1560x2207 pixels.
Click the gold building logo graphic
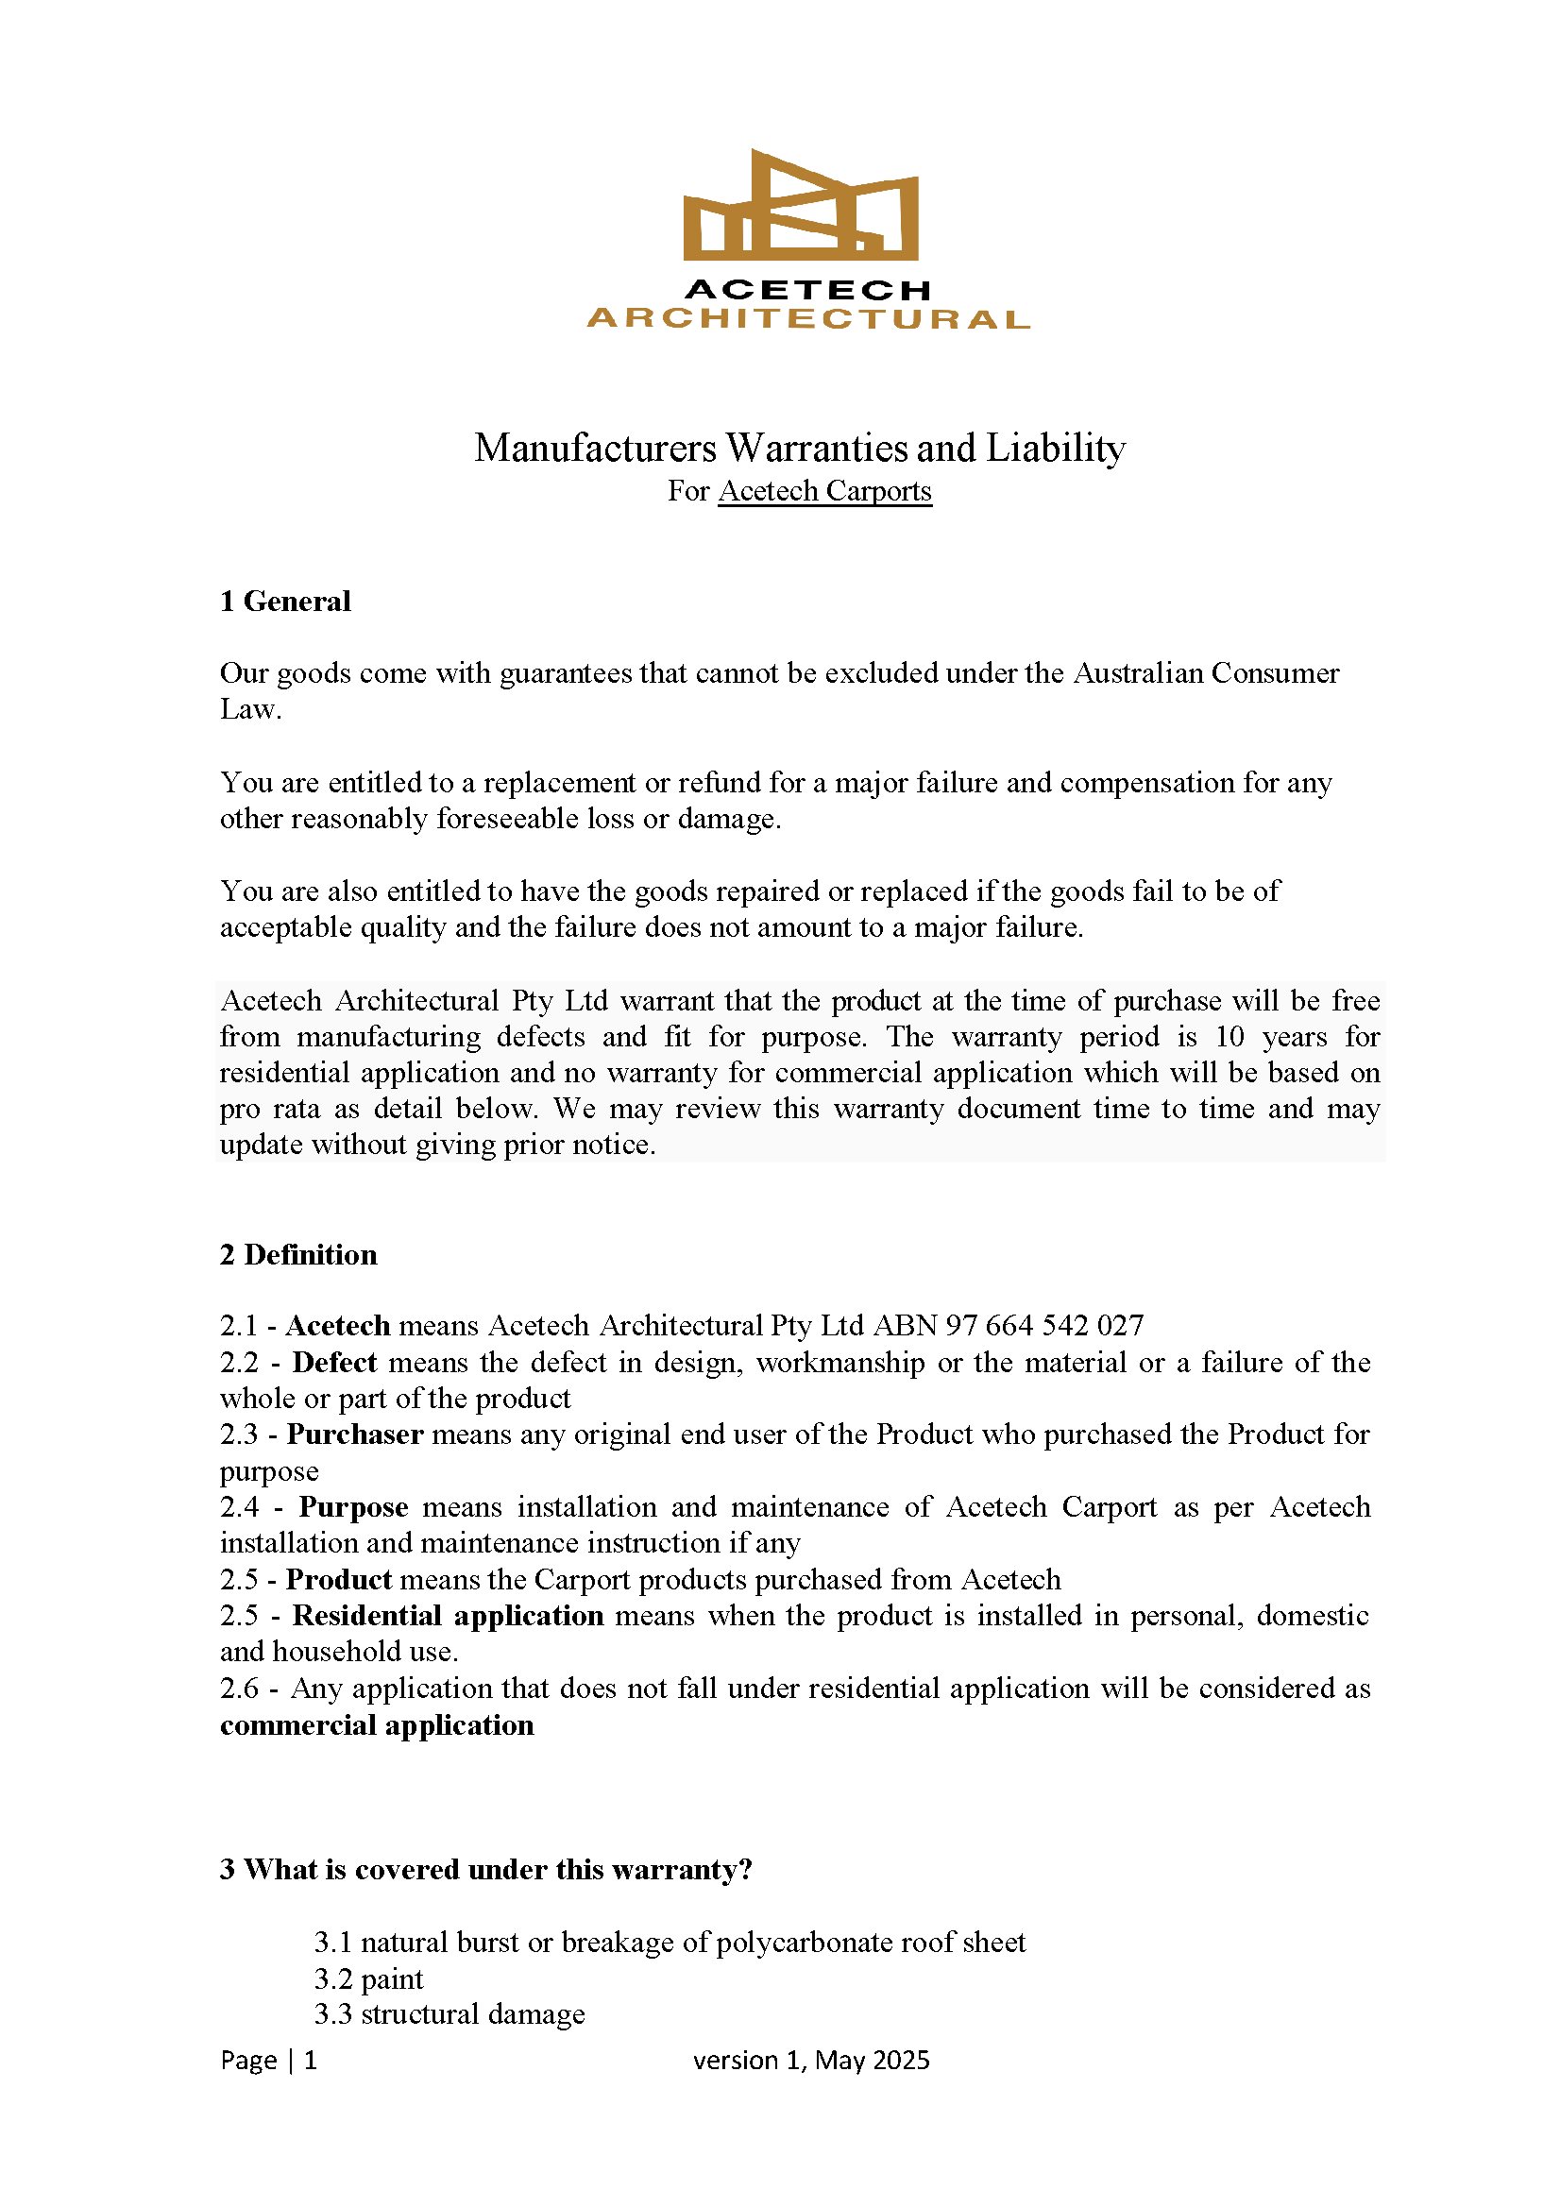pos(801,207)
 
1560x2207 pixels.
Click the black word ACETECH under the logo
pos(807,289)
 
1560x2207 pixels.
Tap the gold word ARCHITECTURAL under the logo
pos(807,319)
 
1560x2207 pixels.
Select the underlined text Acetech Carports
pos(824,491)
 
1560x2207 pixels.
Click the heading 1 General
pos(285,602)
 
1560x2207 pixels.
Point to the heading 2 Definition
pos(298,1254)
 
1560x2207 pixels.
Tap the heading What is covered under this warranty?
pos(485,1869)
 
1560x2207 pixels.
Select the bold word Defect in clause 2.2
pos(334,1362)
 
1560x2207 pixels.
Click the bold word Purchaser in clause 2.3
pos(355,1435)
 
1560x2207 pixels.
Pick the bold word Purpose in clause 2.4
pos(353,1506)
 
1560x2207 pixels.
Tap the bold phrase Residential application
pos(448,1615)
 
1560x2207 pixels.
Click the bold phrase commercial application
pos(377,1725)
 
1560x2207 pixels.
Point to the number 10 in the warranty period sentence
pos(1229,1037)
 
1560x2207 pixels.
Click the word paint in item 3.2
pos(392,1979)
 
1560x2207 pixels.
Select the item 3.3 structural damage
pos(449,2013)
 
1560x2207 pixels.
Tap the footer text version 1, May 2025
pos(811,2060)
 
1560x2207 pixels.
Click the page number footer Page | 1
pos(268,2060)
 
